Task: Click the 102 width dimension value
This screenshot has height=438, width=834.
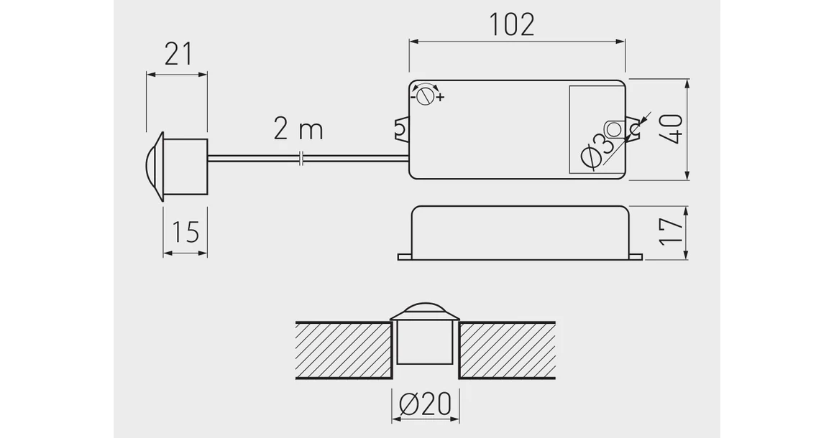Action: [513, 25]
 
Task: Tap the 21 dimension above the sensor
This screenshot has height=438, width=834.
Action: [178, 54]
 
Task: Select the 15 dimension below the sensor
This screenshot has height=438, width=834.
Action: [185, 232]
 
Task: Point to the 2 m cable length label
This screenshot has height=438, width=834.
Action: [298, 130]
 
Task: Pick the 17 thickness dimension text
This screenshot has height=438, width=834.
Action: [672, 231]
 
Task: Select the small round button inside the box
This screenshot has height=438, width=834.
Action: [614, 129]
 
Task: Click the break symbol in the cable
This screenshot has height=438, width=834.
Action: [303, 157]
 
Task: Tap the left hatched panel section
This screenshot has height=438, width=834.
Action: [343, 350]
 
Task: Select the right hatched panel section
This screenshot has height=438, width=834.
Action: [507, 350]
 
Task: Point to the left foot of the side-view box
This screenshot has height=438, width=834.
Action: [404, 255]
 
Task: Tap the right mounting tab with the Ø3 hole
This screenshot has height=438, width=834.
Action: [633, 130]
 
